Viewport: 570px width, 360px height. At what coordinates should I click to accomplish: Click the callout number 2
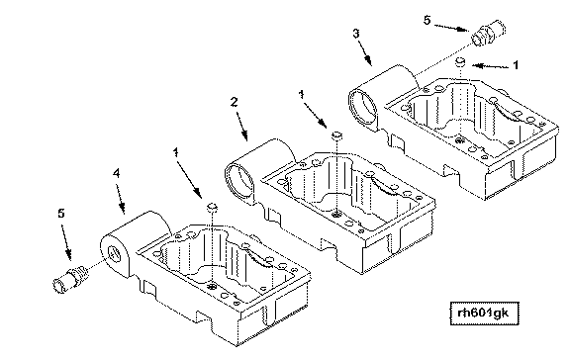pyautogui.click(x=235, y=102)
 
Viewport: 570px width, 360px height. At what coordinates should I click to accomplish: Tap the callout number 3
pyautogui.click(x=356, y=34)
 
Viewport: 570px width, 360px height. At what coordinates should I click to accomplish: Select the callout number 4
pyautogui.click(x=116, y=174)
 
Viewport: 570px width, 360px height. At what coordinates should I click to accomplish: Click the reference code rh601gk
pyautogui.click(x=484, y=313)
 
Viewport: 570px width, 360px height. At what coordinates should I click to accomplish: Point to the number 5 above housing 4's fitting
pyautogui.click(x=61, y=214)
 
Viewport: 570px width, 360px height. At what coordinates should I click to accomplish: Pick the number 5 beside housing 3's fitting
pyautogui.click(x=427, y=20)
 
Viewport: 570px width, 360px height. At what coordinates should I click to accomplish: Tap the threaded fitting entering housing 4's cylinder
pyautogui.click(x=69, y=279)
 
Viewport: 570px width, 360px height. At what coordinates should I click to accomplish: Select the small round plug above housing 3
pyautogui.click(x=460, y=61)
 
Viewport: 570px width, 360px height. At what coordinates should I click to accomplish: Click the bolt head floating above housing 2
pyautogui.click(x=337, y=135)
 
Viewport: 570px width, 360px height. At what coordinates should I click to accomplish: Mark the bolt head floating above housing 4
pyautogui.click(x=213, y=208)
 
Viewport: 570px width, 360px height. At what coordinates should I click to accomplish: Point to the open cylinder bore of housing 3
pyautogui.click(x=363, y=109)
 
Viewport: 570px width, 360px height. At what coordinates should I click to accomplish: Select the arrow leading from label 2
pyautogui.click(x=242, y=127)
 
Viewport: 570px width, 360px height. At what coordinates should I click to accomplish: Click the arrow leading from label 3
pyautogui.click(x=365, y=52)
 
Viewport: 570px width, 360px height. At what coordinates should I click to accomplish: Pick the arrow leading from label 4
pyautogui.click(x=121, y=199)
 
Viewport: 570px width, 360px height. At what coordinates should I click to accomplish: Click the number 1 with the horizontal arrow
pyautogui.click(x=516, y=65)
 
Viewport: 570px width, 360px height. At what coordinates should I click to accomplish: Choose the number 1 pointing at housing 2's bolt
pyautogui.click(x=302, y=95)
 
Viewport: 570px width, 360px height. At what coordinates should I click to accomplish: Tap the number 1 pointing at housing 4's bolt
pyautogui.click(x=176, y=152)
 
